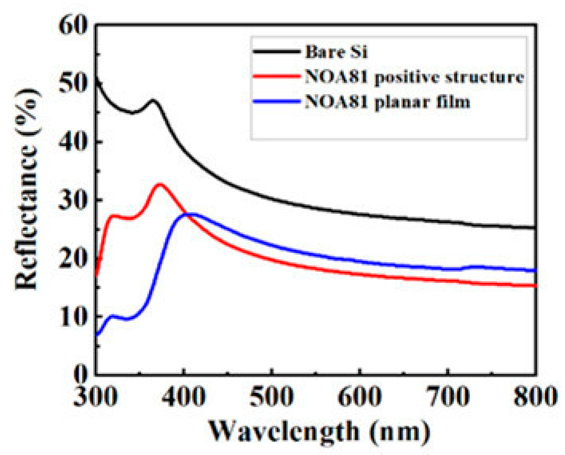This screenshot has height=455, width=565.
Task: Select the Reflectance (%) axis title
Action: [27, 189]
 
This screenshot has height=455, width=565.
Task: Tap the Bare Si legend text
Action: [336, 52]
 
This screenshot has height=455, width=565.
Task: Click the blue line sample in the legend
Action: [276, 102]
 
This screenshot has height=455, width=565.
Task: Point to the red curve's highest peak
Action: [159, 184]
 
